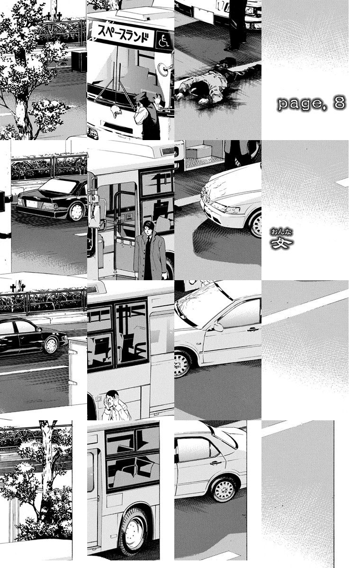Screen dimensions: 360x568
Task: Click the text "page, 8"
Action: coord(312,103)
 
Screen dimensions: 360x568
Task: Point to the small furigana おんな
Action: coord(281,232)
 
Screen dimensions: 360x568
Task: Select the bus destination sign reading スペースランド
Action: coord(123,35)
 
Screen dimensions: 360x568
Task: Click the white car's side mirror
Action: coord(218,327)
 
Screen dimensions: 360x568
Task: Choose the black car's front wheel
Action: coord(51,345)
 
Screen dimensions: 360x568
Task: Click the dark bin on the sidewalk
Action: coord(79,61)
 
